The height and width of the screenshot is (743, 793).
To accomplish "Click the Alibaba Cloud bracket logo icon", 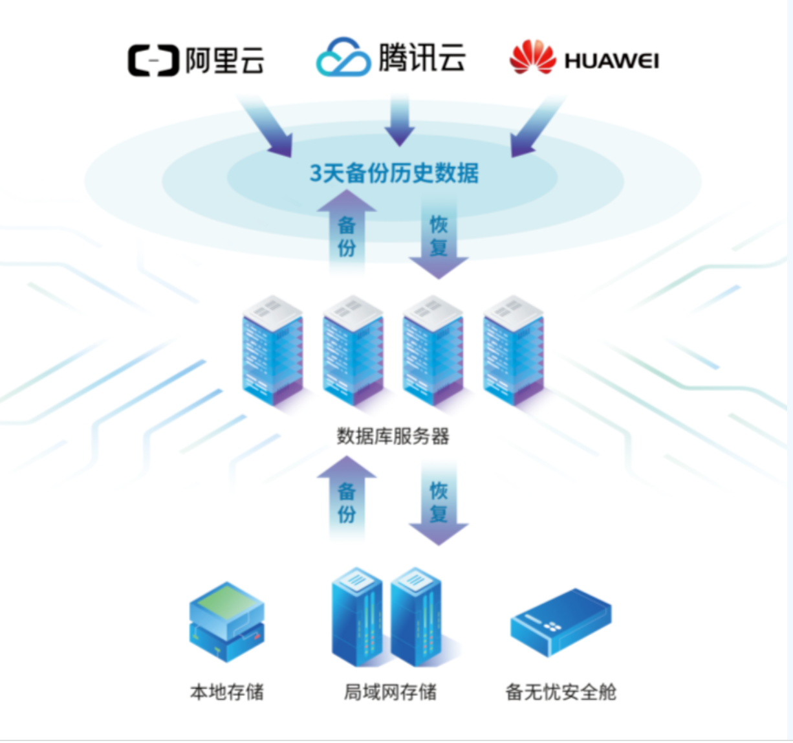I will [x=153, y=60].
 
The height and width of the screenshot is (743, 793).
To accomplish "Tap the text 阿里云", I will [x=225, y=60].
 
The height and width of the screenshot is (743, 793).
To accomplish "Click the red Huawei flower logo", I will [x=532, y=58].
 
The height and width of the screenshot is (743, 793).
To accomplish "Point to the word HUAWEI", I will [x=611, y=61].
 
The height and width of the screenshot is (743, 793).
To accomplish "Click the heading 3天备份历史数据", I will [x=394, y=173].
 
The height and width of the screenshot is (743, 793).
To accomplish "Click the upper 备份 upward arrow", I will [x=347, y=232].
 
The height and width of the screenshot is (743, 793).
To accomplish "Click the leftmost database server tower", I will [x=272, y=349].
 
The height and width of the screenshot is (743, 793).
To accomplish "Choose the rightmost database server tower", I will [x=514, y=349].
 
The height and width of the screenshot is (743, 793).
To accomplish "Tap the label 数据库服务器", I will [x=393, y=436].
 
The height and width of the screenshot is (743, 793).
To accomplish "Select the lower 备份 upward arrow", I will [x=347, y=498].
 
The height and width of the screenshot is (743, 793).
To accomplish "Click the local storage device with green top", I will [x=226, y=621].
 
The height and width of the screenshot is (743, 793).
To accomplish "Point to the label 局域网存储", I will [x=390, y=692].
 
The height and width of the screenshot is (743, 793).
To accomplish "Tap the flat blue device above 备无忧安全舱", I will [x=560, y=621].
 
